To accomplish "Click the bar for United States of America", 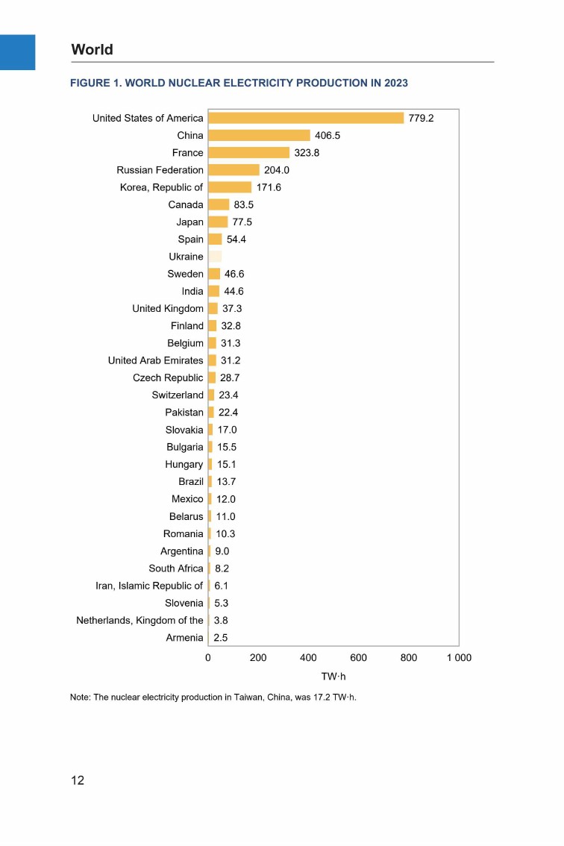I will [306, 118].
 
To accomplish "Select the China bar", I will [259, 135].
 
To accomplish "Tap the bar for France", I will [248, 153].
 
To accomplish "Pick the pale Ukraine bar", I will [215, 257].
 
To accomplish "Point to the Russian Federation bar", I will [234, 170].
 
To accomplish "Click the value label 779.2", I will [421, 118].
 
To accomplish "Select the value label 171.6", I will [269, 187].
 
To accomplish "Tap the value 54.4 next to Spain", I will [236, 239].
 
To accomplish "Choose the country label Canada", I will [186, 204].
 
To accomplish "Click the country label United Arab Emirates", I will [155, 360].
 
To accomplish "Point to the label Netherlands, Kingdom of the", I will [140, 620].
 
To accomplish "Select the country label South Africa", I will [176, 568].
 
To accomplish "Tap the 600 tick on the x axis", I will [358, 658].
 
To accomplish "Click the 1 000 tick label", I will [459, 658].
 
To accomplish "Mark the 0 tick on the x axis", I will [208, 658].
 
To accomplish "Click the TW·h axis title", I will [333, 677].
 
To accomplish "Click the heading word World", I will [93, 50].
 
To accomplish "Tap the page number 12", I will [78, 780].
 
